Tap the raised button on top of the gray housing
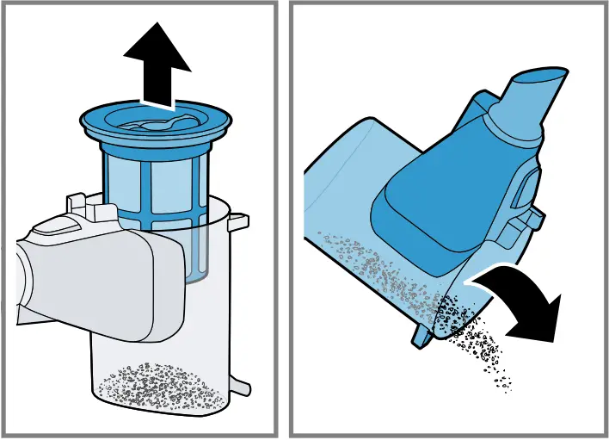(52, 226)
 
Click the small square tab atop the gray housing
(78, 203)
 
